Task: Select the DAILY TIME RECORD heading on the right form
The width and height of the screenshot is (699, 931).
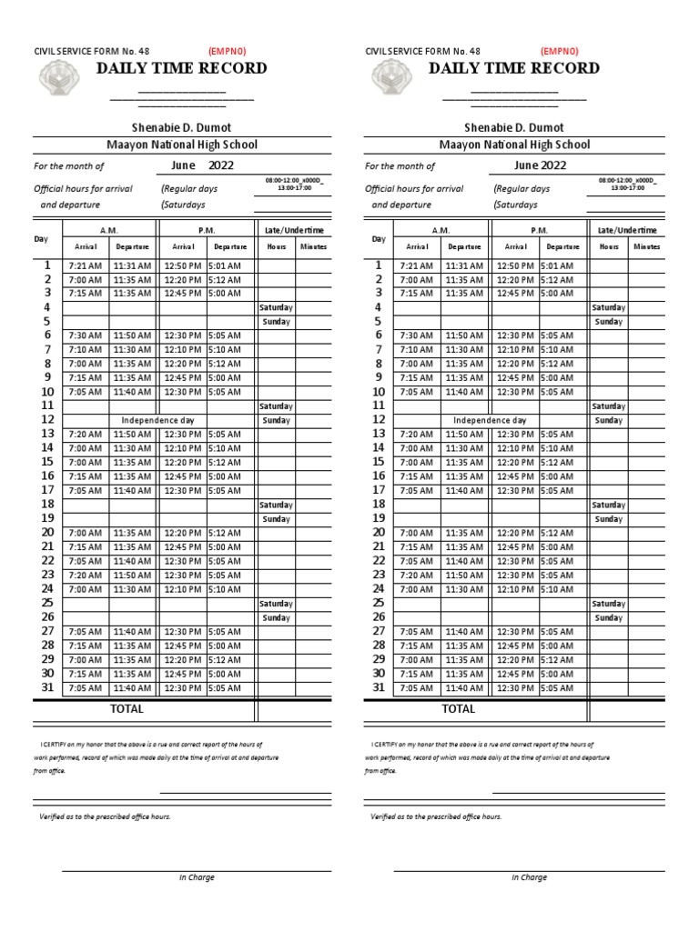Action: pyautogui.click(x=514, y=68)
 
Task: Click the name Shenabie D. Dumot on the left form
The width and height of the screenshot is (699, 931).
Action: pyautogui.click(x=182, y=127)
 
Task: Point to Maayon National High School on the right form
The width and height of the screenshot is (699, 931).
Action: pyautogui.click(x=514, y=145)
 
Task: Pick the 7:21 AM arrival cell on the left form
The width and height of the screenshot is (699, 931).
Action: pyautogui.click(x=85, y=265)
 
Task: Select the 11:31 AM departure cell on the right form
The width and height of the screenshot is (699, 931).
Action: pyautogui.click(x=464, y=265)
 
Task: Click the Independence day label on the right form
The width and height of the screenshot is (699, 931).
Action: pyautogui.click(x=490, y=421)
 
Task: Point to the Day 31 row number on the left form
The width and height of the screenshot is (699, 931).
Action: pyautogui.click(x=47, y=687)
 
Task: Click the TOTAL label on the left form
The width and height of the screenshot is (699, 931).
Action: pyautogui.click(x=127, y=709)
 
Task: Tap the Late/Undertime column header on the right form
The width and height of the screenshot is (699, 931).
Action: pyautogui.click(x=626, y=231)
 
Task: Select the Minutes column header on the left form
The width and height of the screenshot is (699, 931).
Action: pyautogui.click(x=314, y=246)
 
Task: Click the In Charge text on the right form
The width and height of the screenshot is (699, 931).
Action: pyautogui.click(x=529, y=877)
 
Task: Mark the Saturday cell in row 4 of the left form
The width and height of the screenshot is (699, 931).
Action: pyautogui.click(x=276, y=308)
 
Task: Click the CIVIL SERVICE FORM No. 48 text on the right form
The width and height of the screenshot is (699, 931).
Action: pyautogui.click(x=422, y=52)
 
